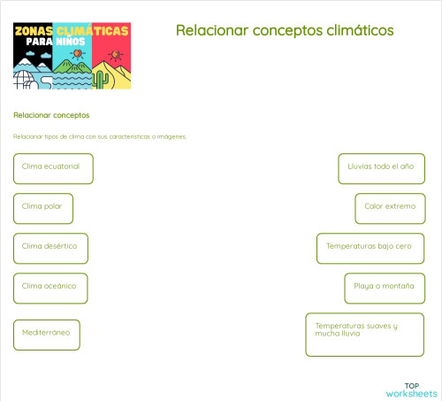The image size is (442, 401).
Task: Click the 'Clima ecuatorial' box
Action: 53,168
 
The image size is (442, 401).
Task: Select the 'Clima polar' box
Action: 42,208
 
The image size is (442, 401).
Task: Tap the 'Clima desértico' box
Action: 50,248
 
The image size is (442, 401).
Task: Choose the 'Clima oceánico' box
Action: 50,288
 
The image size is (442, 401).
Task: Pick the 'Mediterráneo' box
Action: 47,335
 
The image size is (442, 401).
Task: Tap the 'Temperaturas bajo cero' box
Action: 370,248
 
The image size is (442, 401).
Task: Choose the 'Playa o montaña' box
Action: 385,288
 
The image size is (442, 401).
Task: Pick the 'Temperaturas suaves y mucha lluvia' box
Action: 364,334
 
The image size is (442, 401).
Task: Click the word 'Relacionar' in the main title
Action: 208,30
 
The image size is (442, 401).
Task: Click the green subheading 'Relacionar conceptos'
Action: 51,115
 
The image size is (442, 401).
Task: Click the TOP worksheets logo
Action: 411,389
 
